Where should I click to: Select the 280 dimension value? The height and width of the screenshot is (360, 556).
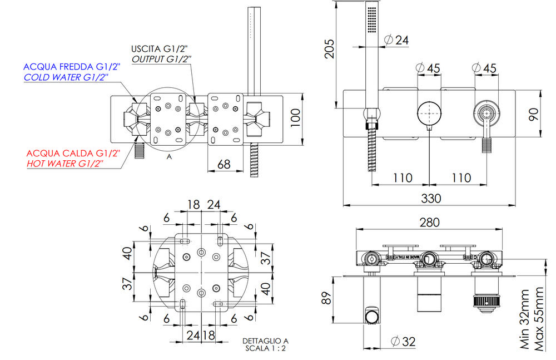(x=429, y=223)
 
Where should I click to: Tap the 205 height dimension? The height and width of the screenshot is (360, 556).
(x=329, y=56)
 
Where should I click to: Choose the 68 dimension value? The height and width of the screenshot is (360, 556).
(x=225, y=165)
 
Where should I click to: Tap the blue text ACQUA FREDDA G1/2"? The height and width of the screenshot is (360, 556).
(x=73, y=67)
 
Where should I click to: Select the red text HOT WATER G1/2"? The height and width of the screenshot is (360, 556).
(x=66, y=164)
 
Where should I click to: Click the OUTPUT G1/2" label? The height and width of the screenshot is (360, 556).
(x=161, y=58)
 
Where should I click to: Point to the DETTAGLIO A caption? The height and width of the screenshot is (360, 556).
(x=265, y=341)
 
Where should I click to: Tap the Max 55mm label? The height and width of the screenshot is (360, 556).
(x=538, y=319)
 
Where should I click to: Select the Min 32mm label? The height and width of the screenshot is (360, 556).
(x=524, y=319)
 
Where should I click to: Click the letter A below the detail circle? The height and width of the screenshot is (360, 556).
(x=168, y=157)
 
